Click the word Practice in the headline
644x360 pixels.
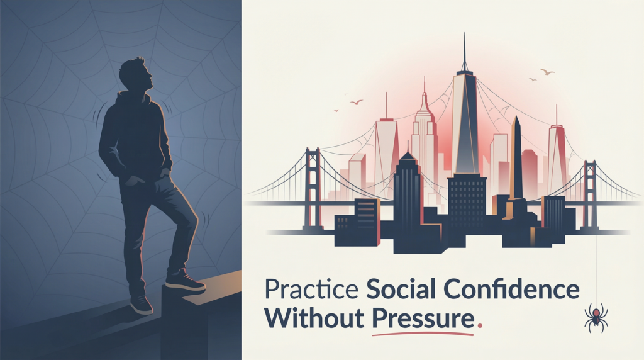pyautogui.click(x=311, y=289)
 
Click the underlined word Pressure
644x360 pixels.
pyautogui.click(x=423, y=317)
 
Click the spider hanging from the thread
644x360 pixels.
pyautogui.click(x=596, y=317)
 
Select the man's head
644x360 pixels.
pyautogui.click(x=136, y=75)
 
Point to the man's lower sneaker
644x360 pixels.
pyautogui.click(x=141, y=305)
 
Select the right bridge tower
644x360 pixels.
pyautogui.click(x=590, y=193)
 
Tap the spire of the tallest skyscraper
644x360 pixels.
pyautogui.click(x=465, y=52)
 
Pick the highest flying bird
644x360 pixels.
pyautogui.click(x=547, y=72)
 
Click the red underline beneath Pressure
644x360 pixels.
pyautogui.click(x=423, y=334)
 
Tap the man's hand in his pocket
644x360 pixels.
pyautogui.click(x=131, y=181)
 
